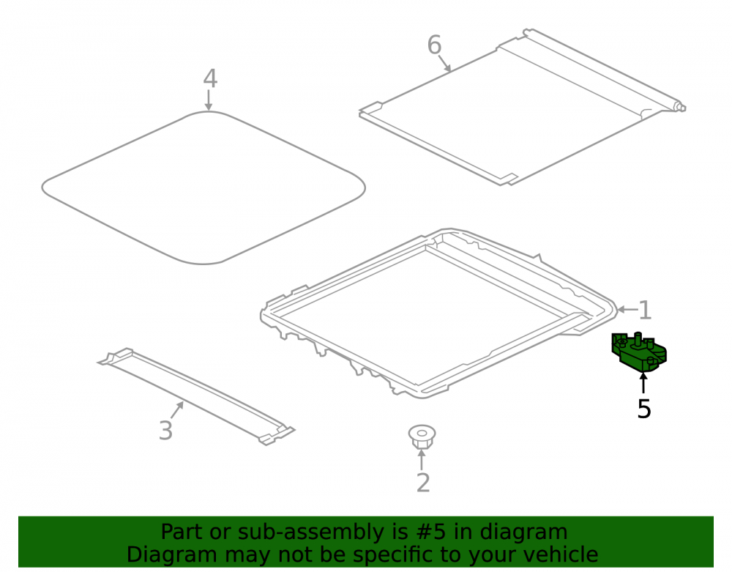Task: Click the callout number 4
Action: coord(210,78)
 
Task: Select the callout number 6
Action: coord(434,45)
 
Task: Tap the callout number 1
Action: coord(645,311)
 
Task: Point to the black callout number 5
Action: coord(643,409)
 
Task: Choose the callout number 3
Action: coord(165,431)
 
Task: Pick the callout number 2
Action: coord(423,483)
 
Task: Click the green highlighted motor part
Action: coord(639,352)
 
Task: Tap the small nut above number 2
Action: coord(422,437)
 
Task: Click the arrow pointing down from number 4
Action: coord(209,100)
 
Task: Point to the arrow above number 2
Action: coord(422,459)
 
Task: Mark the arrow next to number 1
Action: coord(627,309)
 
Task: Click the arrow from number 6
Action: coord(444,63)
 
